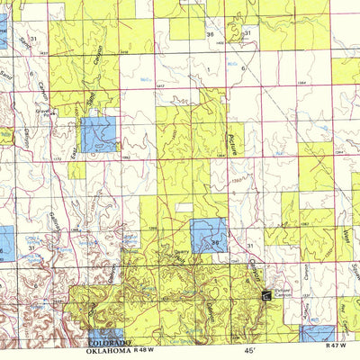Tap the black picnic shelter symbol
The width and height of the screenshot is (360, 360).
(x=265, y=293)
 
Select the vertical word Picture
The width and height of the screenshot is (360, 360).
(x=231, y=139)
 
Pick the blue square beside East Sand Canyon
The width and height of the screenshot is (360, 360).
(x=99, y=134)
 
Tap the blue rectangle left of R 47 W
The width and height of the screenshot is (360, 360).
(x=315, y=333)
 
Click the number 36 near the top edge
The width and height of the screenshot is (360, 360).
(x=211, y=34)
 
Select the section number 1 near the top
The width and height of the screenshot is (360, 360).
(x=208, y=68)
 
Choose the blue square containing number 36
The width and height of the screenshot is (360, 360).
(x=209, y=235)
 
